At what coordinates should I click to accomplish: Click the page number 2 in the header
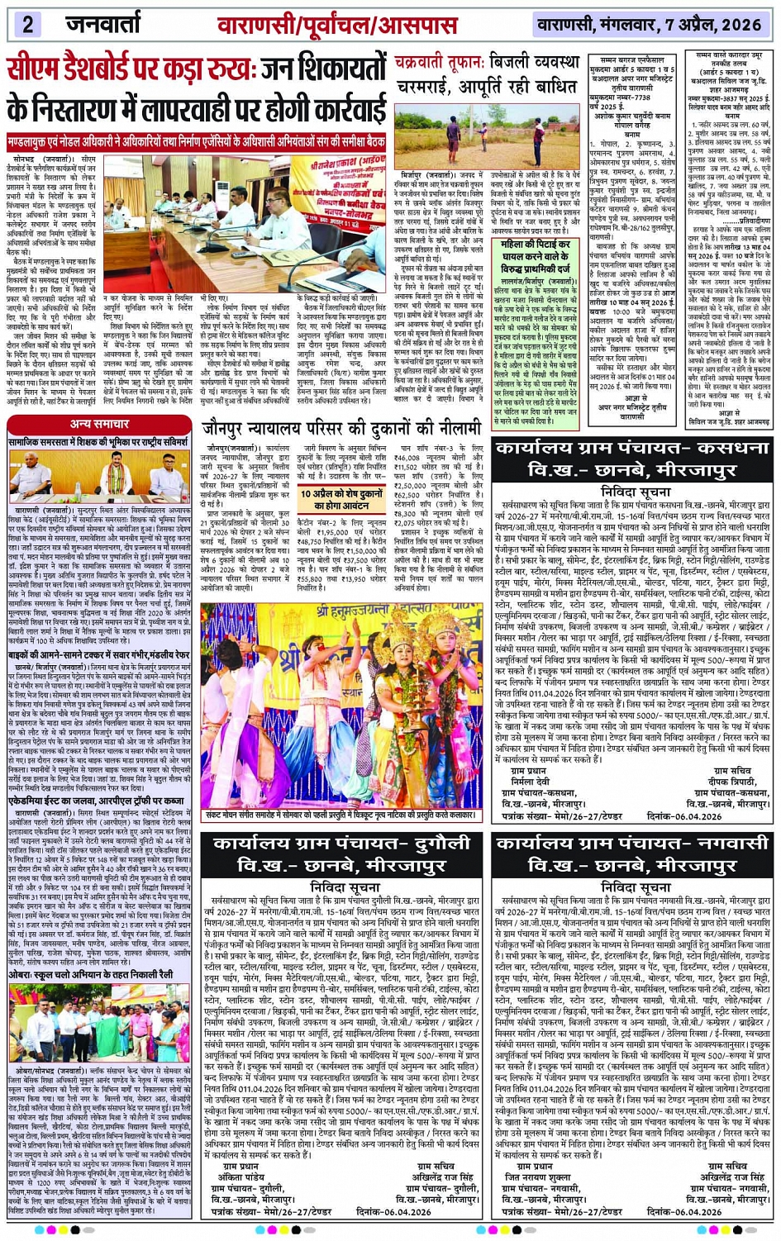[27, 24]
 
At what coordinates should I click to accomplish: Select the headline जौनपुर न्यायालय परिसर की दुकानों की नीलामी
[341, 429]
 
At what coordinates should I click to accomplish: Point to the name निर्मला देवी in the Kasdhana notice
[530, 781]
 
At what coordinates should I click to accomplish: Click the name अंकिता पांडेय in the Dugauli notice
[240, 1177]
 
